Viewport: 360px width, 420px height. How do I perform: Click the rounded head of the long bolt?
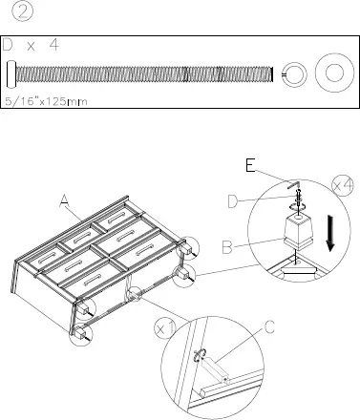11,73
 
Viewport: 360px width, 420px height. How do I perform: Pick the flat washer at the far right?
335,73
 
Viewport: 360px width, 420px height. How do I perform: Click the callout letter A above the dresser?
64,199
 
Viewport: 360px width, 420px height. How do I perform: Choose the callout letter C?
270,327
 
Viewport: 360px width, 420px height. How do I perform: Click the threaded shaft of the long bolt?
143,73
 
